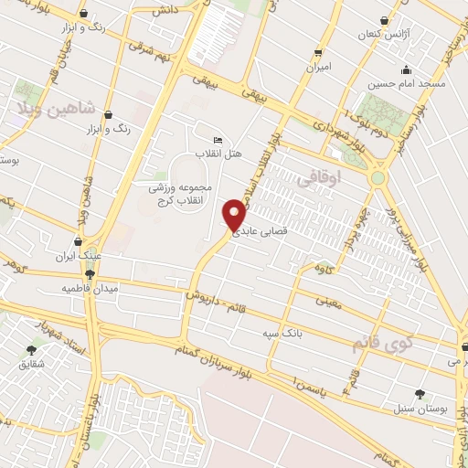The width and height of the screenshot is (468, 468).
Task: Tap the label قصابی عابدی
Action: [262, 232]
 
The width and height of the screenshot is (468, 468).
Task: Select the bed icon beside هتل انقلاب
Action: [217, 140]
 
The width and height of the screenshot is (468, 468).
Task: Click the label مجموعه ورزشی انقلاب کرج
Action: [180, 194]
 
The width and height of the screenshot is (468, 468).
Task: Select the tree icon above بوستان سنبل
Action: [420, 394]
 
